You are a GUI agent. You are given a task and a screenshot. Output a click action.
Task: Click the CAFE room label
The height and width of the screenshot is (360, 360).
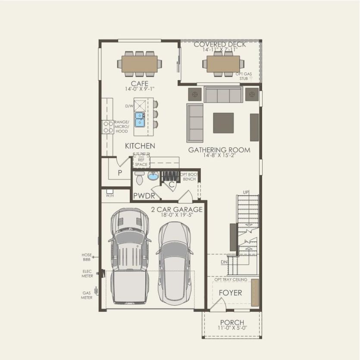pos(140,83)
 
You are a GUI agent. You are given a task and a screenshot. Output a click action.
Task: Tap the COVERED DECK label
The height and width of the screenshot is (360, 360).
pos(220,44)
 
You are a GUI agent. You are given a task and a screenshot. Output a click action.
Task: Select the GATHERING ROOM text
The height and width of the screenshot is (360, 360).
pos(219,150)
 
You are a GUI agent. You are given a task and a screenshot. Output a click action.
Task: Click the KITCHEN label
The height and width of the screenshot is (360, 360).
pos(140,146)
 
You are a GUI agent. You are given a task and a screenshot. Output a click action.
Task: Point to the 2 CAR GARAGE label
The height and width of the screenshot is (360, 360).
pos(177,210)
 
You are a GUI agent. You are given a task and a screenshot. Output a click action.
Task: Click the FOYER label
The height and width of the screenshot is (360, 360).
pos(230,293)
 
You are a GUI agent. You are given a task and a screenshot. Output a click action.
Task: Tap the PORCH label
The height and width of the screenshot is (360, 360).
pos(232,322)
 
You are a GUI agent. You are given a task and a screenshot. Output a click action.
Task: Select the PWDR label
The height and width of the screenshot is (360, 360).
pos(144,196)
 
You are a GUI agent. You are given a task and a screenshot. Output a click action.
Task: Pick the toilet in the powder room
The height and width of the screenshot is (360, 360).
pos(139,177)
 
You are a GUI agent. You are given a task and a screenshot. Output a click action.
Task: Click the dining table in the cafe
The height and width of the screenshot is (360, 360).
pos(139,64)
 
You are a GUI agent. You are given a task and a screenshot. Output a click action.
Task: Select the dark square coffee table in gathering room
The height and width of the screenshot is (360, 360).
pos(223,123)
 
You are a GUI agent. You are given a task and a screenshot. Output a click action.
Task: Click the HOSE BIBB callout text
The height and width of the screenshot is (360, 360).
pos(87,257)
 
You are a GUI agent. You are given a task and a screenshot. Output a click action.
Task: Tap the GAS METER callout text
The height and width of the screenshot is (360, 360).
pos(87,295)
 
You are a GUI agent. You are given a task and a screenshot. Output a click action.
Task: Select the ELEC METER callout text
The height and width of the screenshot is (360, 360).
pos(87,274)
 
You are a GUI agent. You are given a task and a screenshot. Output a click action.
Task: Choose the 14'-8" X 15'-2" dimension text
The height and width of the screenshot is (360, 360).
pos(219,156)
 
